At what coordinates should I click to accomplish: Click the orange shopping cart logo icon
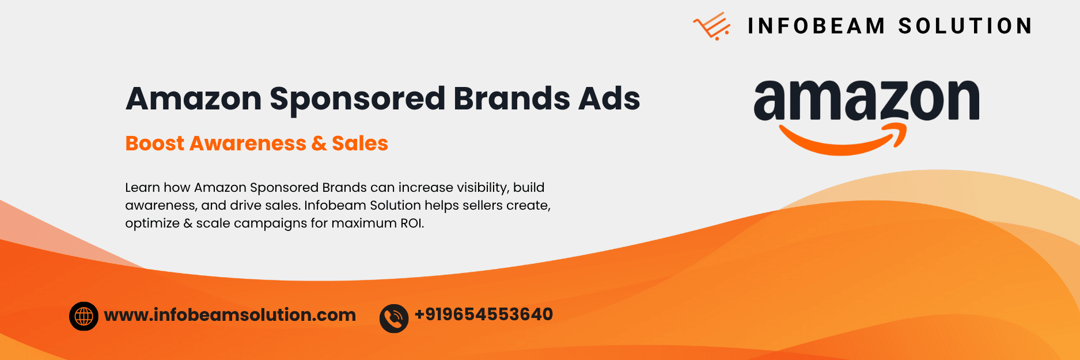(x=711, y=26)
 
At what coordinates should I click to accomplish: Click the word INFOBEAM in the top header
(x=816, y=26)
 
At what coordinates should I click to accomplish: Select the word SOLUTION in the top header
(x=965, y=26)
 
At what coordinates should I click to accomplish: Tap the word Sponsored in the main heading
(x=357, y=99)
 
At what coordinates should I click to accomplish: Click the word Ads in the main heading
(x=609, y=98)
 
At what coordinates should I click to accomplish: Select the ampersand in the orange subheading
(x=319, y=143)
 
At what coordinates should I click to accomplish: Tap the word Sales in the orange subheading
(x=360, y=143)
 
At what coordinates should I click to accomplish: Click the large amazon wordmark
(x=866, y=100)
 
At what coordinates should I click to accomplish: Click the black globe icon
(x=84, y=316)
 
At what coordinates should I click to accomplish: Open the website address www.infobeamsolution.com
(x=230, y=315)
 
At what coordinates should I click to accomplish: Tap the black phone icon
(x=394, y=319)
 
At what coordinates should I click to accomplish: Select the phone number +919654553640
(x=484, y=314)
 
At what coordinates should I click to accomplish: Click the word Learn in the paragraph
(x=142, y=188)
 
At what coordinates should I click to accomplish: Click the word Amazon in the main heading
(x=194, y=99)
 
